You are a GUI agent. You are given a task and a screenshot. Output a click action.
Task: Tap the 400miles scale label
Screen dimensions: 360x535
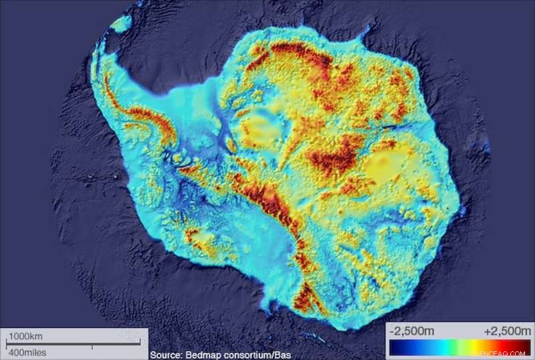[x=26, y=352]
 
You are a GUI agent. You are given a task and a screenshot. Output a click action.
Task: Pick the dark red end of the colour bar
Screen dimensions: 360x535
[x=522, y=348]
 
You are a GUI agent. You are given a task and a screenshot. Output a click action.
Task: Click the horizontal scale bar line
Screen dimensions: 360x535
[x=67, y=344]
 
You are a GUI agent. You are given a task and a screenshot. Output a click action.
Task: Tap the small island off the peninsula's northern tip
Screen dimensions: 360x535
[x=121, y=24]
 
